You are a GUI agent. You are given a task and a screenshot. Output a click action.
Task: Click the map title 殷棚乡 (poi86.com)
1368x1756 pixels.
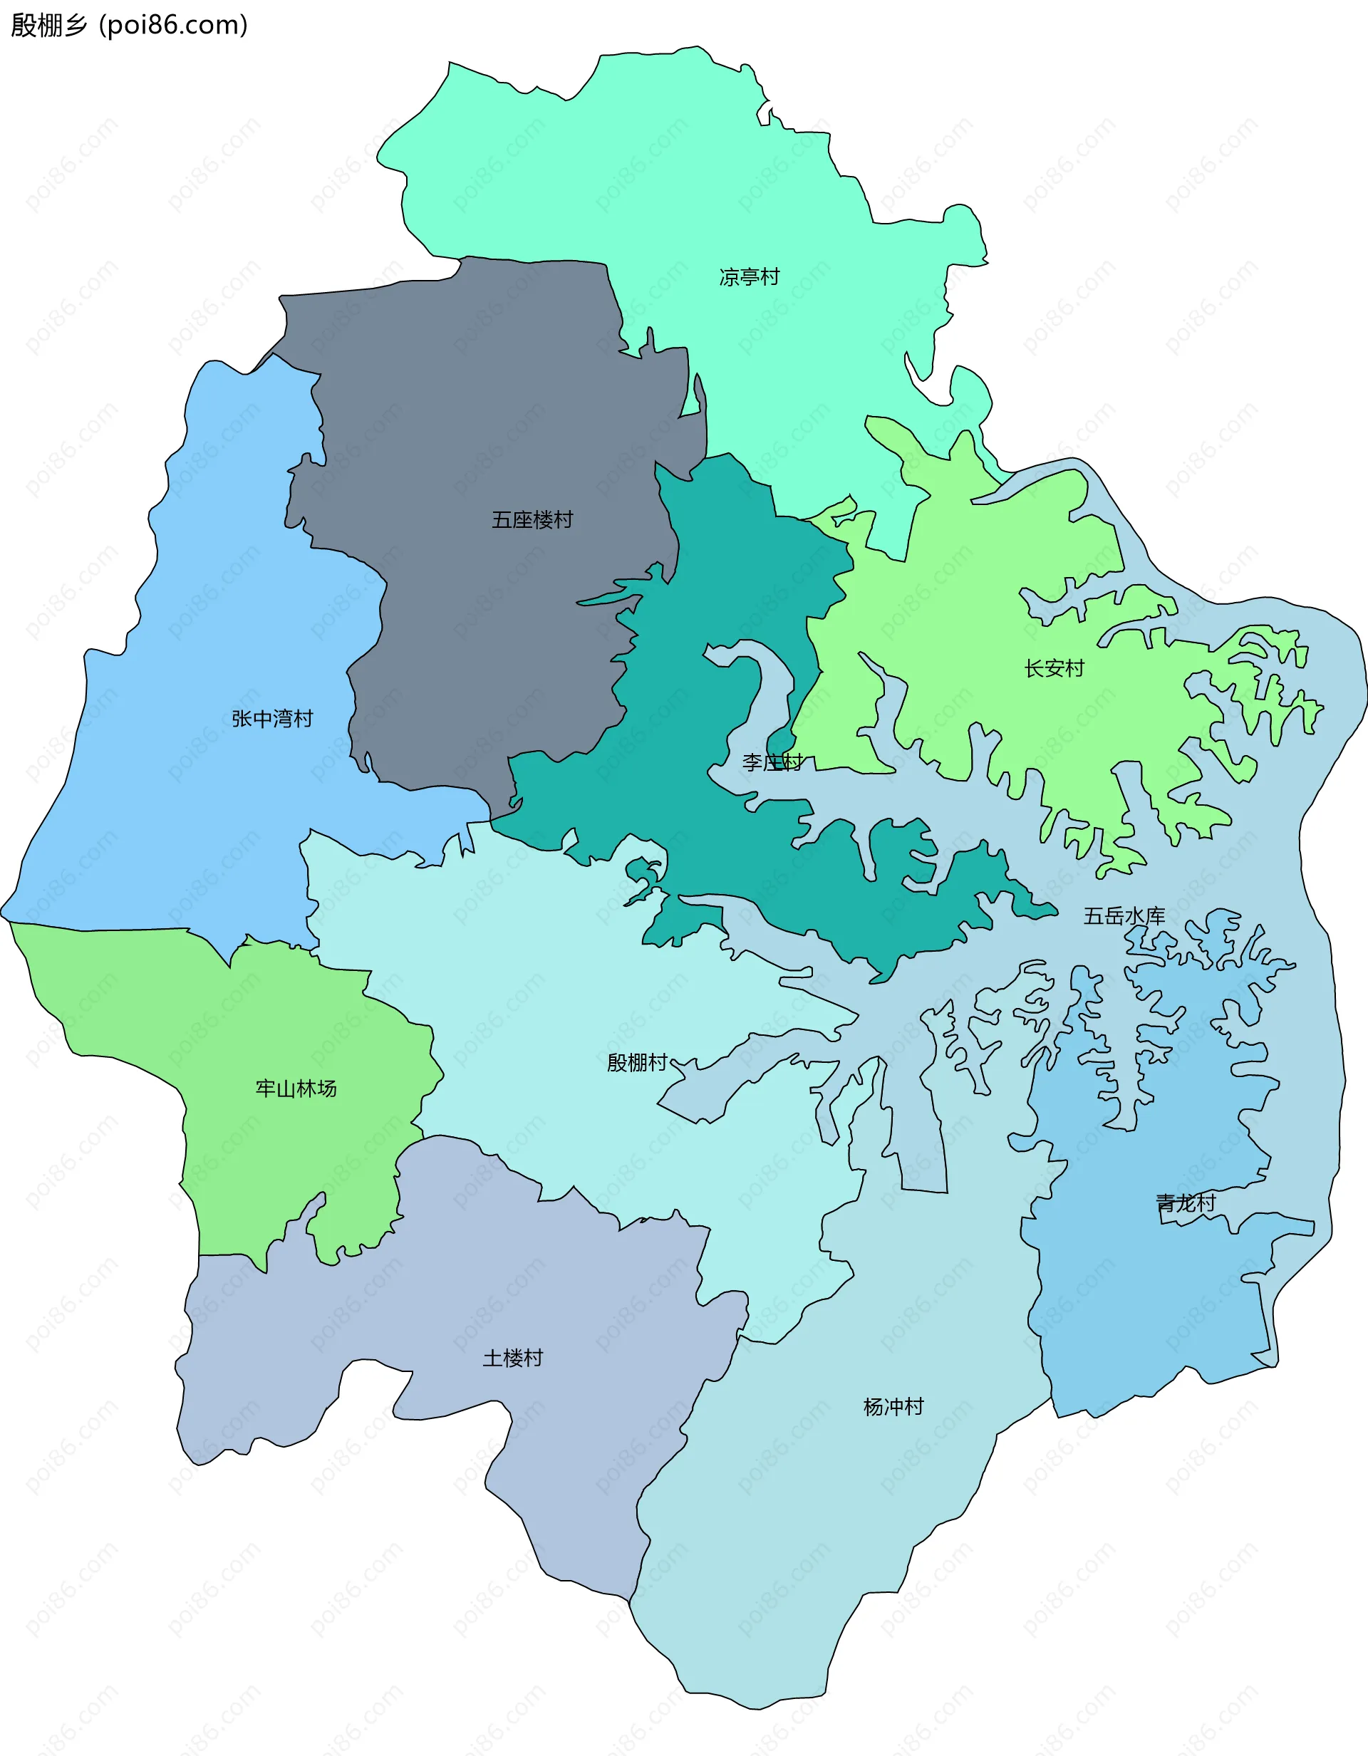coord(129,25)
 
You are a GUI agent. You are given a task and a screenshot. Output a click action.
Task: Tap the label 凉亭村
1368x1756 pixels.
coord(749,277)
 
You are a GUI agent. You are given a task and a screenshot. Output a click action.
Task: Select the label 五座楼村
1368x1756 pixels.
coord(532,520)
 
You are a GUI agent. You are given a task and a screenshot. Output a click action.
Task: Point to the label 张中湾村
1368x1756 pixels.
coord(272,719)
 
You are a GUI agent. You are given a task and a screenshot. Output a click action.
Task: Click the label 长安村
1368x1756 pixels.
coord(1054,668)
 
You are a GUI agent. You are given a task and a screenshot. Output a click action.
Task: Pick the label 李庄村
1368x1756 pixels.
coord(772,762)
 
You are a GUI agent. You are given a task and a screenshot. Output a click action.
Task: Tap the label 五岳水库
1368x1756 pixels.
coord(1124,916)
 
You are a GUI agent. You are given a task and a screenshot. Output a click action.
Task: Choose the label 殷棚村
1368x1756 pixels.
coord(637,1063)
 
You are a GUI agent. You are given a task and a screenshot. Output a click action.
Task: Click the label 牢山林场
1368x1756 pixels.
coord(296,1089)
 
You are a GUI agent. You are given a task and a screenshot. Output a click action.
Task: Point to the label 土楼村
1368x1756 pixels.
coord(512,1358)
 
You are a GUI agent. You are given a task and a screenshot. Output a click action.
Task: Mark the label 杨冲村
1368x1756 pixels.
coord(893,1406)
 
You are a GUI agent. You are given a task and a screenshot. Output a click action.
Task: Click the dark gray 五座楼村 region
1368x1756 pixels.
coord(482,402)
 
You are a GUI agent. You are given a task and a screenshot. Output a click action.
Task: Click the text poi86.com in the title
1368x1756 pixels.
coord(173,25)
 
